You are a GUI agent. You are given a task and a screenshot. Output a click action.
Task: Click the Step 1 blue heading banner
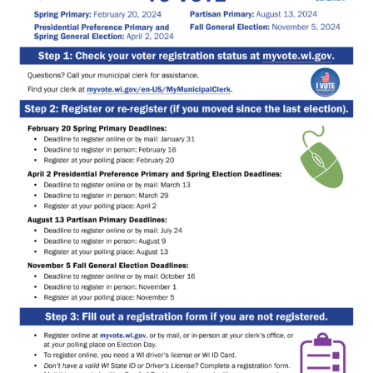[x=186, y=56]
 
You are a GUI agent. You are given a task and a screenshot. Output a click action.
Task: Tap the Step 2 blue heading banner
[x=186, y=109]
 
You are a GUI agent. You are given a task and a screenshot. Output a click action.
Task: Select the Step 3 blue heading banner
[x=186, y=316]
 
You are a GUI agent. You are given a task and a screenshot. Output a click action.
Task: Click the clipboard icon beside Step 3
[x=322, y=353]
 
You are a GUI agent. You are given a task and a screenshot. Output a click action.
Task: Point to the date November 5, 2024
[x=301, y=27]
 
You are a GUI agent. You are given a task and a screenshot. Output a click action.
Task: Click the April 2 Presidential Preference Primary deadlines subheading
[x=154, y=174]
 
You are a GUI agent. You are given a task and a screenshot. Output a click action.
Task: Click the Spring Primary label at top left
[x=62, y=14]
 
